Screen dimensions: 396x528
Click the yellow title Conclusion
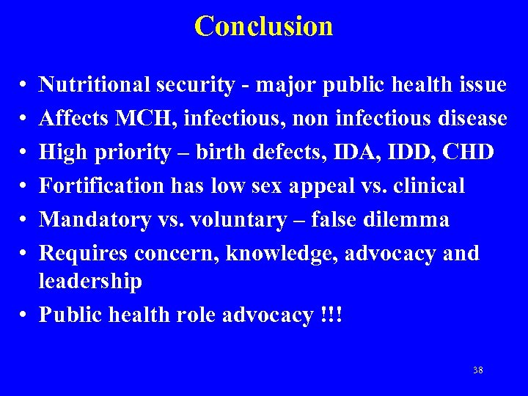point(263,26)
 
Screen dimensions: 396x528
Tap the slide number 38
point(478,370)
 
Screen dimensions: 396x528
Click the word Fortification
point(101,186)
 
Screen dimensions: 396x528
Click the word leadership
point(90,282)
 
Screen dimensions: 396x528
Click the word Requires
point(81,254)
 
